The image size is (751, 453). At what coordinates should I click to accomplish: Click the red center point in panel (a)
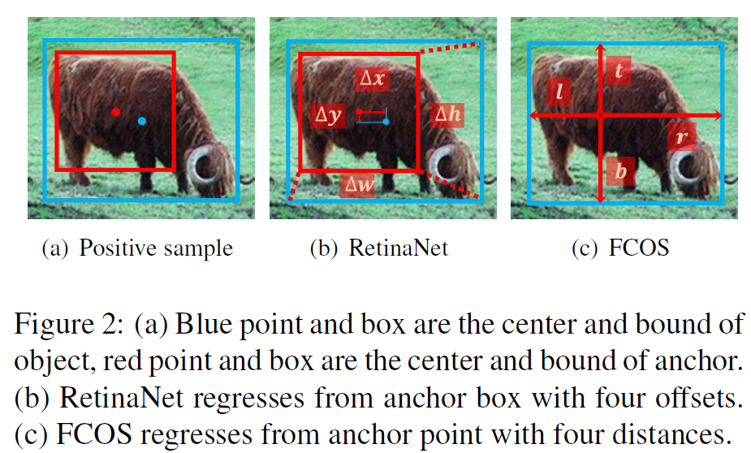[116, 112]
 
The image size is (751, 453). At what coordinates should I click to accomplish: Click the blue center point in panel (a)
[142, 121]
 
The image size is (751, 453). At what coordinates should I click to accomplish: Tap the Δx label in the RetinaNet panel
[373, 79]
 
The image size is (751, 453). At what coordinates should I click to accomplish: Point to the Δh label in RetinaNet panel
[447, 114]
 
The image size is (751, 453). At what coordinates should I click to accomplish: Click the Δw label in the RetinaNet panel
[358, 186]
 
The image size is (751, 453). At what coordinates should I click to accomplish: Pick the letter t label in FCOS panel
[619, 71]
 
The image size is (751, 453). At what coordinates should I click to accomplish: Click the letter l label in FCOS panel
[559, 93]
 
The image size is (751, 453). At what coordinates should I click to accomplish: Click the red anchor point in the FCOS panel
[600, 116]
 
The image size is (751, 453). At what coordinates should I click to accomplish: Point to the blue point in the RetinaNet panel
[386, 122]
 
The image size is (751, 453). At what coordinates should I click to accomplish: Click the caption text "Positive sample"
[155, 248]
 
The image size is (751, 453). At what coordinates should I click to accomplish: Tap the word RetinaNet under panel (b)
[398, 248]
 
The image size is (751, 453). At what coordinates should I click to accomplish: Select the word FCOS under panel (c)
[639, 248]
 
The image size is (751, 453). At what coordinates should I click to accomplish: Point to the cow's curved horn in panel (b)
[446, 165]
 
